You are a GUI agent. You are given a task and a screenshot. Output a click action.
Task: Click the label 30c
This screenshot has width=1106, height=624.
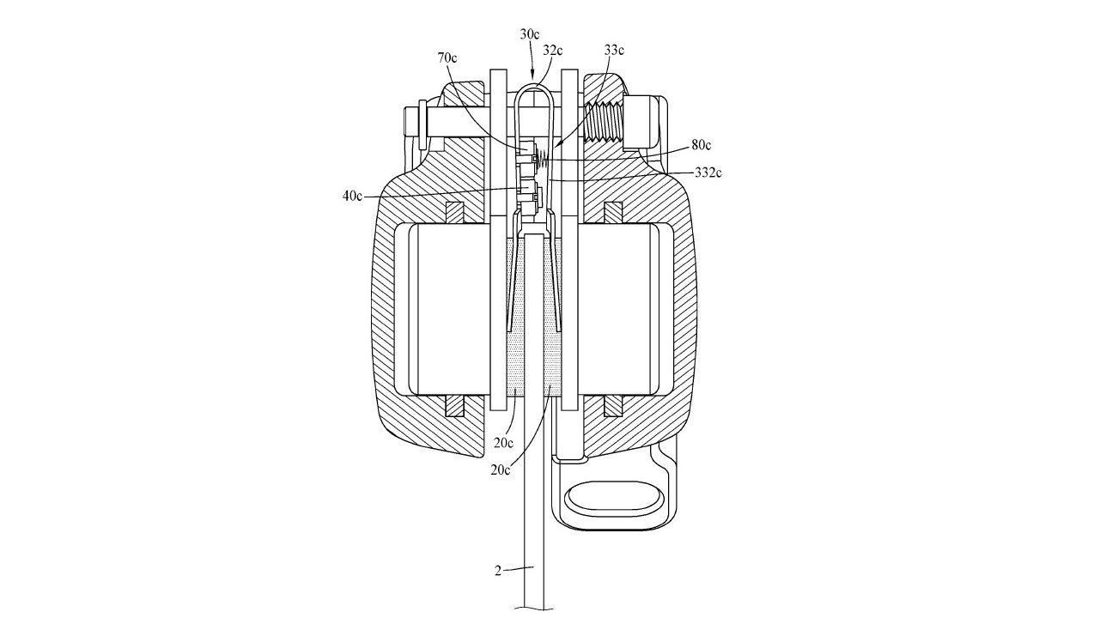530,34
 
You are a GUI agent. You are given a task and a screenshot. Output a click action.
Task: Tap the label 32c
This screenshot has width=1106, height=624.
553,50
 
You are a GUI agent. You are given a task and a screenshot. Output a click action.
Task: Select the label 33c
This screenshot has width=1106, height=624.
614,50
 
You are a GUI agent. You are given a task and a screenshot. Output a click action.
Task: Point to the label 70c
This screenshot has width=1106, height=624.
447,58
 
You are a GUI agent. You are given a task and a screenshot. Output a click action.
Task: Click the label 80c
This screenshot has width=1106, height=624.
701,145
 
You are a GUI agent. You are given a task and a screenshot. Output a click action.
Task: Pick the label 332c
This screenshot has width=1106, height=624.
708,173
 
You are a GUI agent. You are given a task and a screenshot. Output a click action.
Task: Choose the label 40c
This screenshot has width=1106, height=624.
352,196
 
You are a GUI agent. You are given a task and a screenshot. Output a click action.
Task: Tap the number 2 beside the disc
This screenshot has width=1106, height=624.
498,571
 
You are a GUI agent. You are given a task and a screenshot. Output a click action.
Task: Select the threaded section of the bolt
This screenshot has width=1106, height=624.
603,123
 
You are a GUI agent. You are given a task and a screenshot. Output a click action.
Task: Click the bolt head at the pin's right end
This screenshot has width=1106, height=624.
641,124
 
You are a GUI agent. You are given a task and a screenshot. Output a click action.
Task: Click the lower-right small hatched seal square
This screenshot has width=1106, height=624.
614,406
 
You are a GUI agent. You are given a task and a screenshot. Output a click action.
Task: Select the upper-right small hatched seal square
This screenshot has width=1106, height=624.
614,212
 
